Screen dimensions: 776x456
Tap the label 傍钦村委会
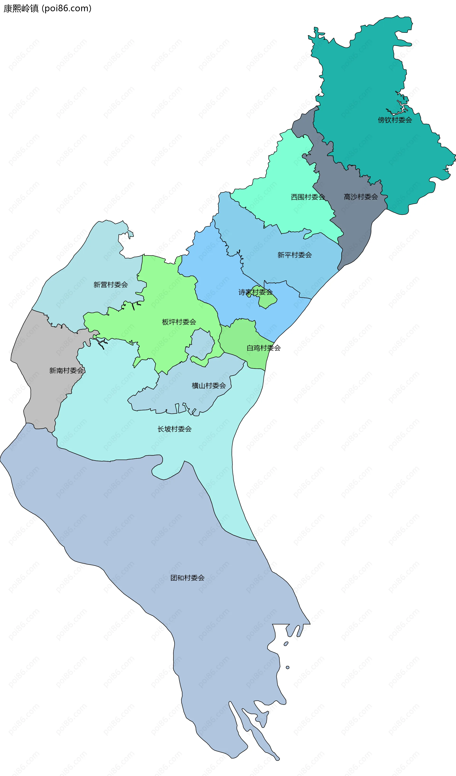pyautogui.click(x=395, y=120)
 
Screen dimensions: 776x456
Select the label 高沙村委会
pyautogui.click(x=361, y=197)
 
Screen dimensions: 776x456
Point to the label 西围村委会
pyautogui.click(x=308, y=197)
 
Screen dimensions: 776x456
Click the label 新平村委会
pyautogui.click(x=294, y=255)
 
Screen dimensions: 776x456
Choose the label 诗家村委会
pyautogui.click(x=255, y=292)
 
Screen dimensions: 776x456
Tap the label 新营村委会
pyautogui.click(x=111, y=285)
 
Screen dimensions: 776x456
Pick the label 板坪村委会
pyautogui.click(x=179, y=322)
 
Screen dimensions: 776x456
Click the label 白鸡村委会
pyautogui.click(x=263, y=348)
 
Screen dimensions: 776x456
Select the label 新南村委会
pyautogui.click(x=66, y=371)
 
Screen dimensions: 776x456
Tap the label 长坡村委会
pyautogui.click(x=174, y=429)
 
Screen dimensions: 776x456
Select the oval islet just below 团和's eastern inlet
pyautogui.click(x=286, y=644)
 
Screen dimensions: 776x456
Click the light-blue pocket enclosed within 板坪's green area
pyautogui.click(x=202, y=343)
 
